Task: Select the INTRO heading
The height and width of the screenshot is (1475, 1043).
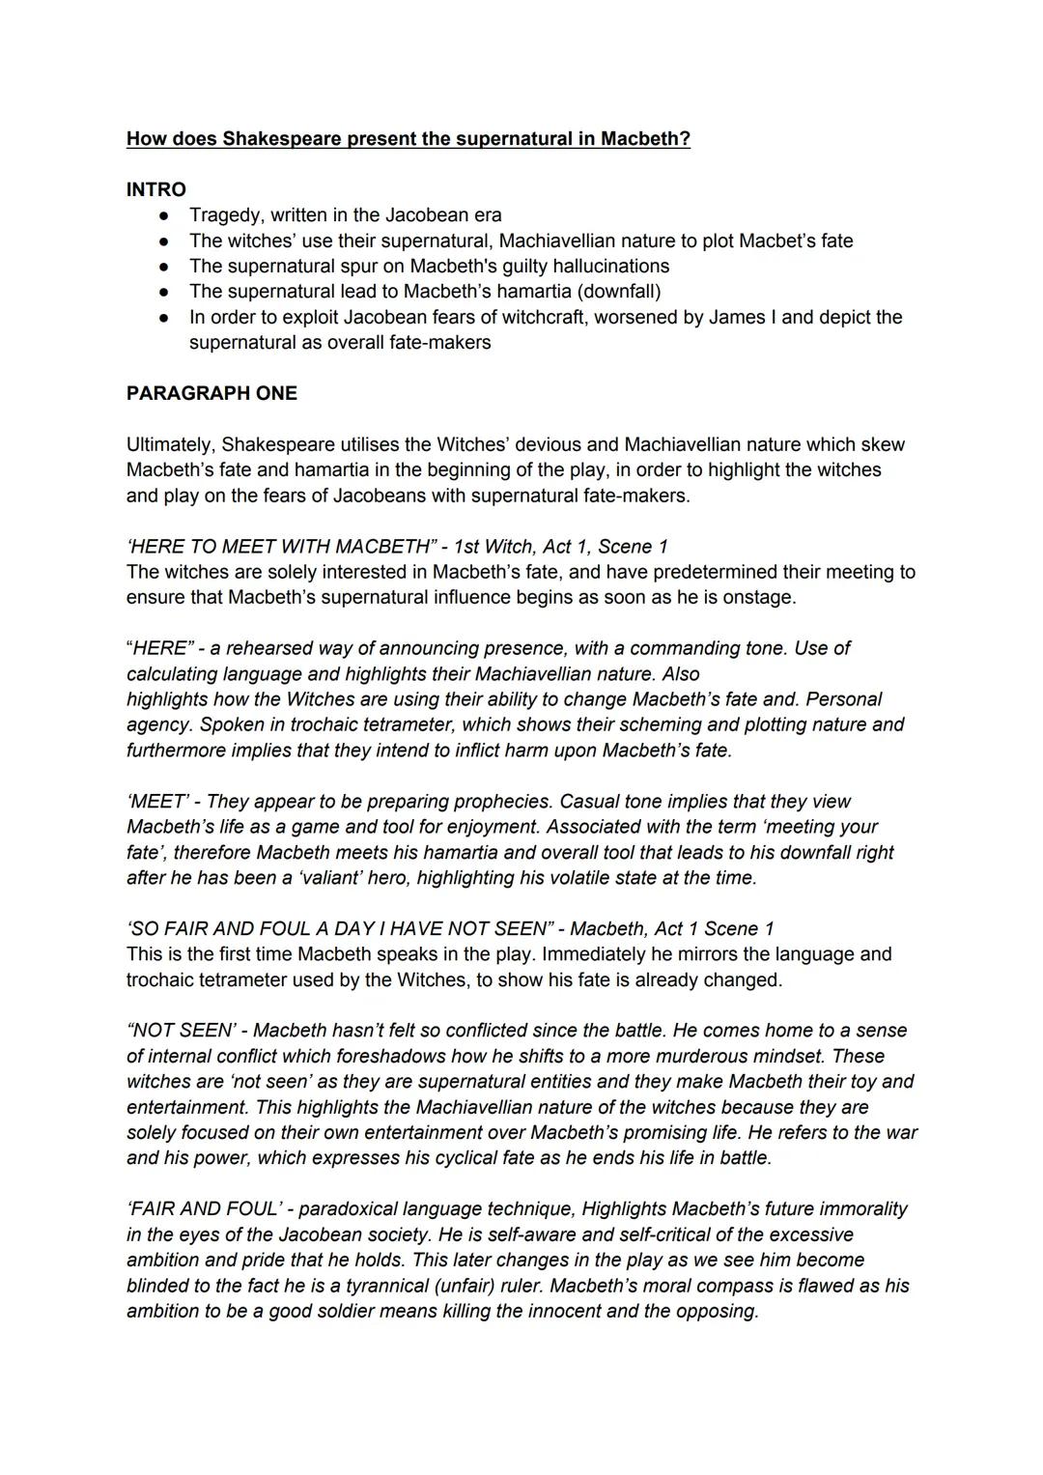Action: point(156,189)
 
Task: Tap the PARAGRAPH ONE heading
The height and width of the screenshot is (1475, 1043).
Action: point(211,393)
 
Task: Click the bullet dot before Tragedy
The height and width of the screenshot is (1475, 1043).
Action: point(165,215)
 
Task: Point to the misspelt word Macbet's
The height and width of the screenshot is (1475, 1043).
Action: point(777,241)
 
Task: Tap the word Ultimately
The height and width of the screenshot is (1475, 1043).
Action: point(169,444)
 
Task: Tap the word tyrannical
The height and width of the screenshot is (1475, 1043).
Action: point(358,1286)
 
